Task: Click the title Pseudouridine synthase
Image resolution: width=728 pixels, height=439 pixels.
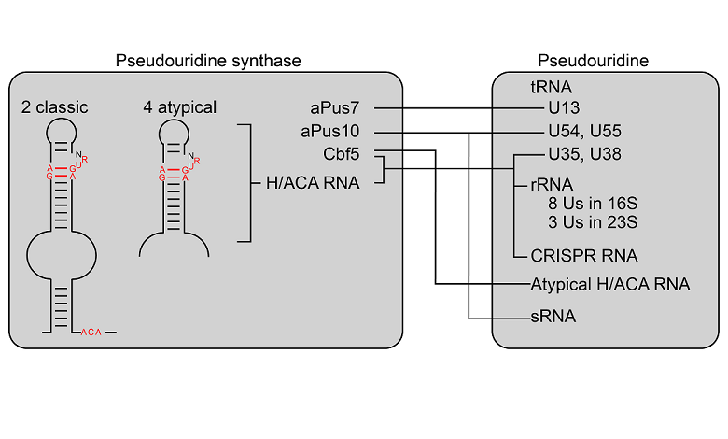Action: (x=208, y=61)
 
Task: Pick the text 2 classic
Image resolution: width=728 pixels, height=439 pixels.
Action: (x=58, y=107)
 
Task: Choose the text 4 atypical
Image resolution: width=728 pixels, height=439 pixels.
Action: (x=180, y=107)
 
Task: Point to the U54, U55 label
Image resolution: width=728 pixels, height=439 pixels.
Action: (x=584, y=131)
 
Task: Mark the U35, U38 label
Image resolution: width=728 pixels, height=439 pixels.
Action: (x=584, y=153)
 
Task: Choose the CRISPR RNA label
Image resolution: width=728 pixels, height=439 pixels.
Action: (x=584, y=254)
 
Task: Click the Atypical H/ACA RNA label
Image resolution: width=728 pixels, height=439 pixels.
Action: (x=609, y=284)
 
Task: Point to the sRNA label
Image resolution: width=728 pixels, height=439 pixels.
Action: (x=553, y=317)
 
